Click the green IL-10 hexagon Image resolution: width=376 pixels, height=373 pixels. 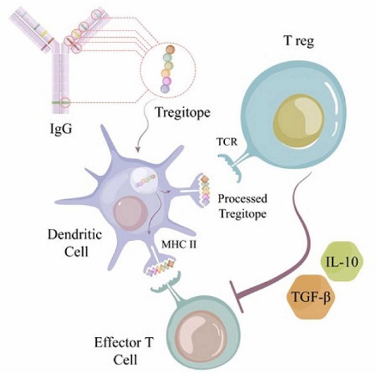(x=342, y=261)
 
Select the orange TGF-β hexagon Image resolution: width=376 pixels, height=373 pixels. (x=311, y=297)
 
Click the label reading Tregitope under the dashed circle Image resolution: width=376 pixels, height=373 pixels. (x=183, y=112)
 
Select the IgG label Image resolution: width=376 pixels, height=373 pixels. (x=60, y=128)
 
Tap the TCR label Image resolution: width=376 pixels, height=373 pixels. (x=227, y=142)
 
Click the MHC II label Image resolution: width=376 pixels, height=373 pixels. (x=179, y=245)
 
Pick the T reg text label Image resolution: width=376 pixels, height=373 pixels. (x=299, y=41)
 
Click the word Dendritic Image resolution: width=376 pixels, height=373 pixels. (x=75, y=234)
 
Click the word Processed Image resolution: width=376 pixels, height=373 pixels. (x=243, y=198)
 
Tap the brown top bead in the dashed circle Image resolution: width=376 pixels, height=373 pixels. (x=170, y=50)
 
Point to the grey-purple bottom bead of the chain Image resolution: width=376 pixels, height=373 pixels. (x=165, y=89)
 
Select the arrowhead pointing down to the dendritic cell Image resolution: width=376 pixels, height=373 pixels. (x=137, y=149)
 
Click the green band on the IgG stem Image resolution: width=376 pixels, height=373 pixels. (x=60, y=103)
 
